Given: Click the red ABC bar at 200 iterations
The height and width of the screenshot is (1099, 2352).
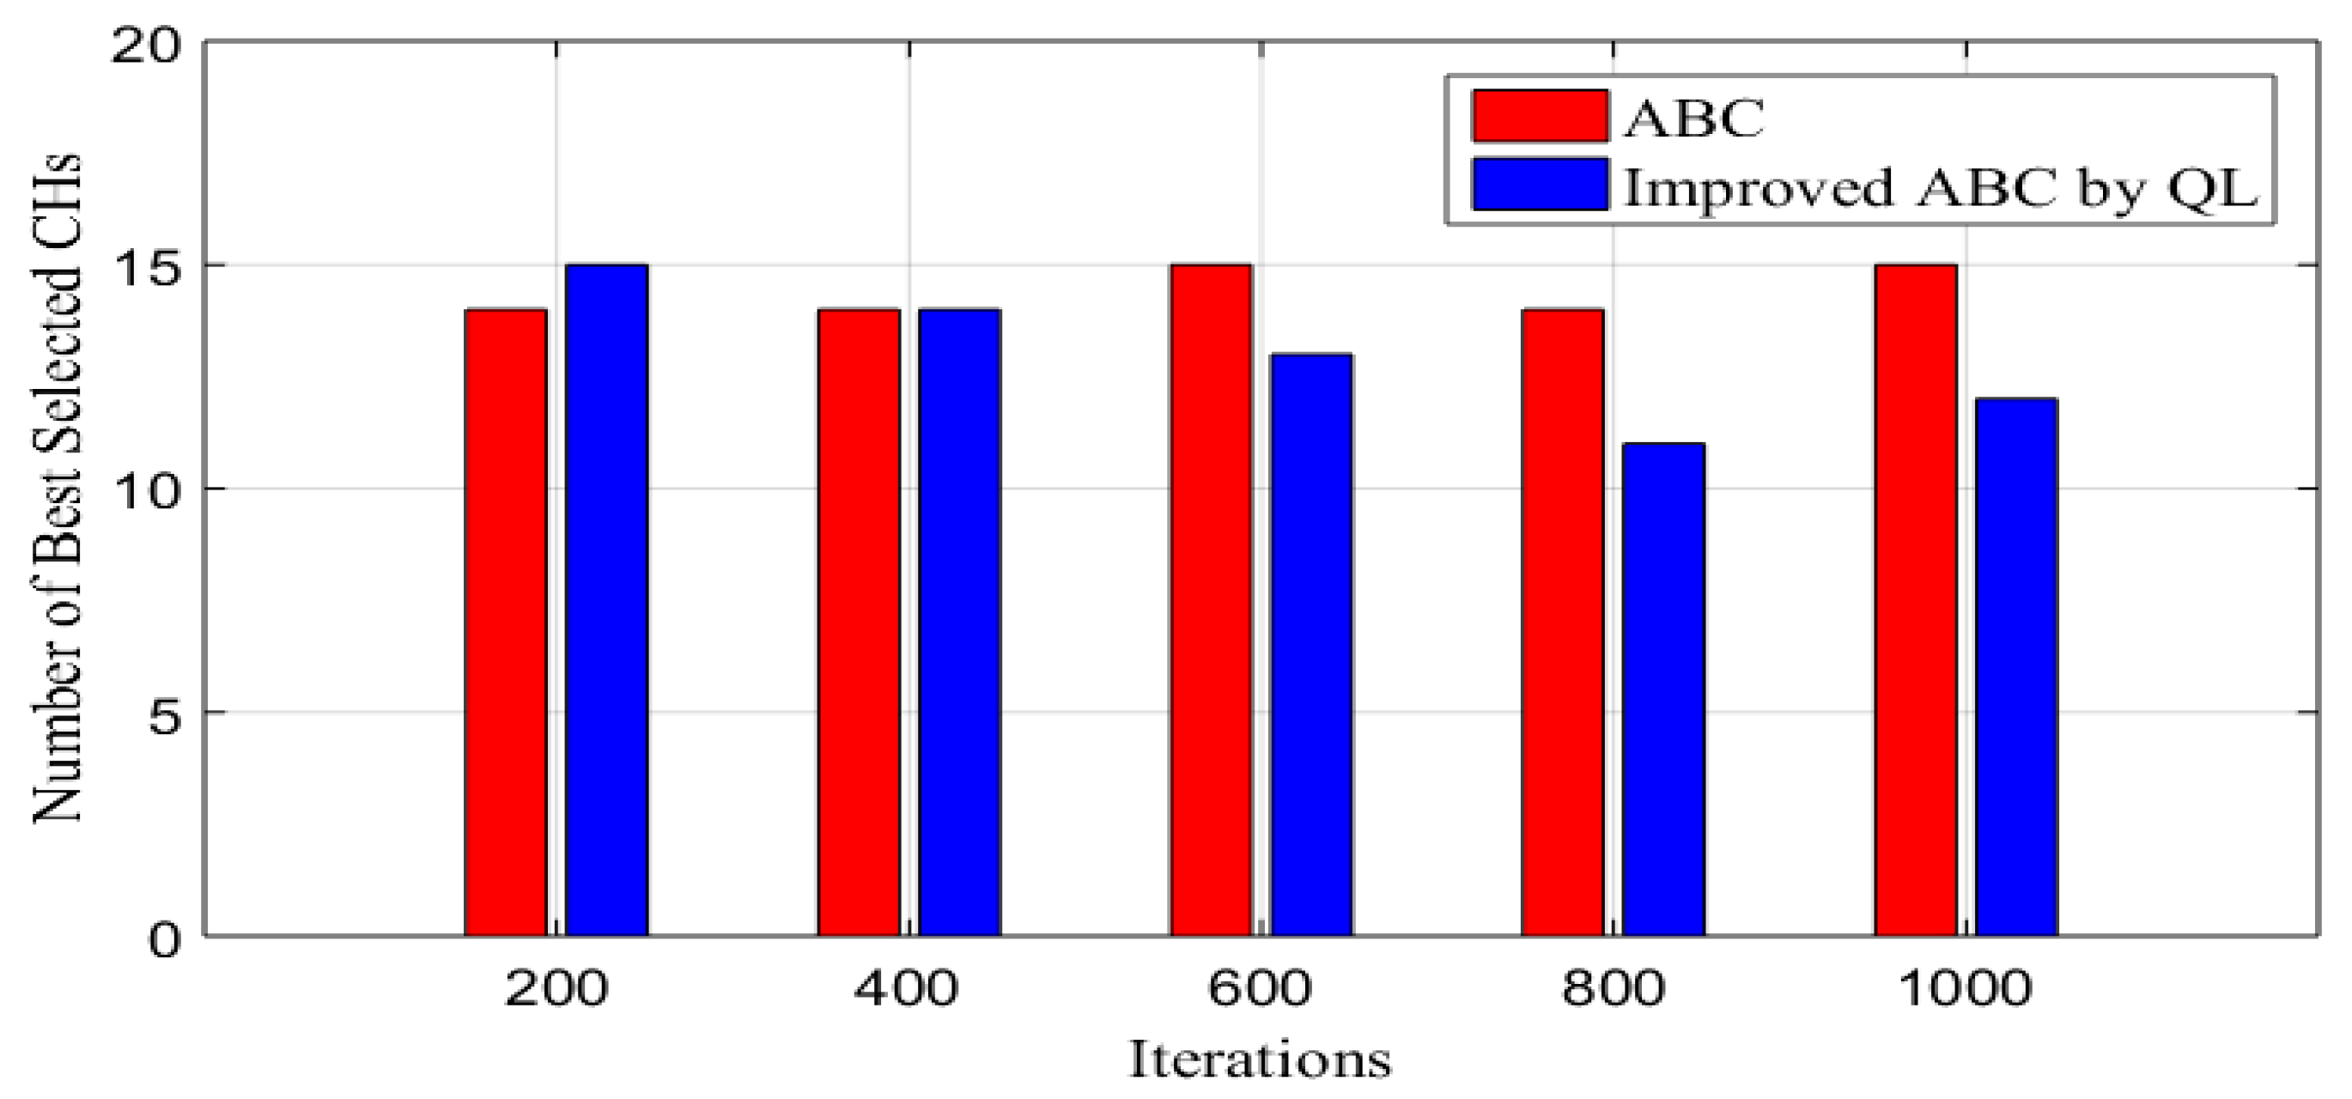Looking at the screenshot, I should [x=506, y=622].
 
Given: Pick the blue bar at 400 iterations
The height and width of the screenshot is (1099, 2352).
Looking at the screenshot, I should [x=960, y=622].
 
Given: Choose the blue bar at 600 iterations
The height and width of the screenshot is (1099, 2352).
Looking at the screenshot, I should [x=1312, y=645].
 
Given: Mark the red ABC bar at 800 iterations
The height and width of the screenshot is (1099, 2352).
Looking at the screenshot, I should [x=1562, y=622].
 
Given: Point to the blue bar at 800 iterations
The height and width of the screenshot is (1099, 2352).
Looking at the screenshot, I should [x=1663, y=689].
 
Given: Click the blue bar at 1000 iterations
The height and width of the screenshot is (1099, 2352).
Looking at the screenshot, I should [x=2017, y=667].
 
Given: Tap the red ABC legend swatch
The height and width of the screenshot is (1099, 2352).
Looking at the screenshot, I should [x=1540, y=116].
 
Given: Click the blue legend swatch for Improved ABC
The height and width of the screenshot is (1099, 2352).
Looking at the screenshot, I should [x=1540, y=184].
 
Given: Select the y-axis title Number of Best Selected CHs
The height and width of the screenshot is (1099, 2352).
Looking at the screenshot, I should [x=57, y=489].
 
